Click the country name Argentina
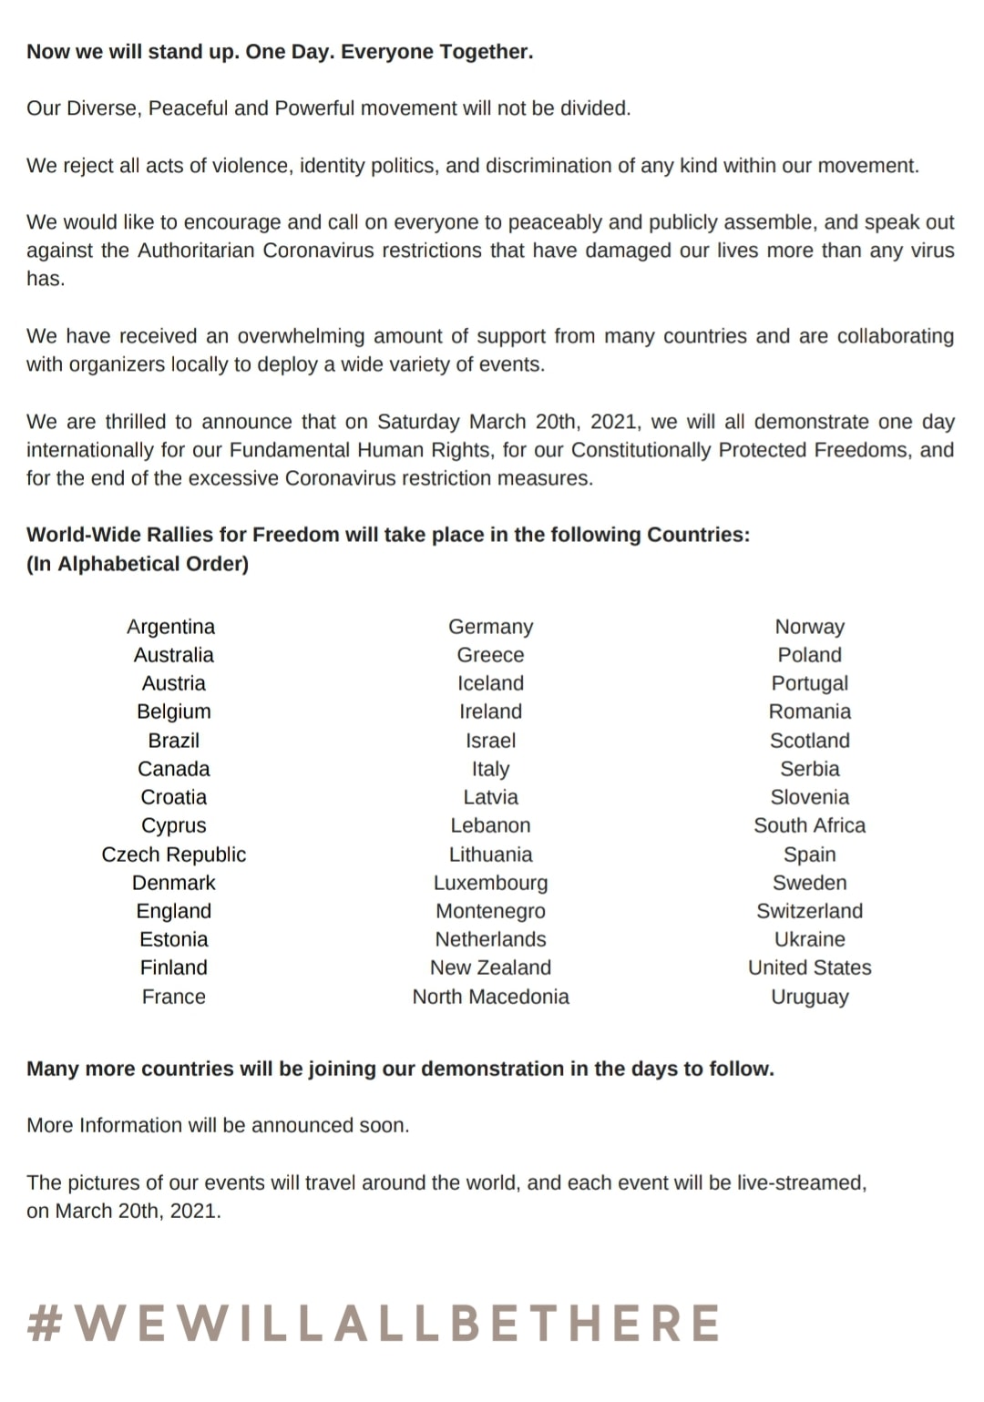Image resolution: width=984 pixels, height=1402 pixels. pyautogui.click(x=171, y=627)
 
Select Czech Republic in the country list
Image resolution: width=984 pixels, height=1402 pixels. pyautogui.click(x=173, y=855)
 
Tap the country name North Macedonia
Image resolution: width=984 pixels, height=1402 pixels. pyautogui.click(x=490, y=997)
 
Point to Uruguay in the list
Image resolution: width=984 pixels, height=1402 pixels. pyautogui.click(x=809, y=997)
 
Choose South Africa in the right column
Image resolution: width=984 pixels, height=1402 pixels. pyautogui.click(x=809, y=825)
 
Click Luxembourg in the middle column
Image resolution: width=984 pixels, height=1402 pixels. pyautogui.click(x=490, y=883)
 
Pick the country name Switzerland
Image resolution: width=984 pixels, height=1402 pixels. pyautogui.click(x=809, y=911)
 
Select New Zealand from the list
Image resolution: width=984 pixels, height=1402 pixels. pyautogui.click(x=490, y=967)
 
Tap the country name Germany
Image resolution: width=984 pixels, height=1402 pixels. pyautogui.click(x=490, y=627)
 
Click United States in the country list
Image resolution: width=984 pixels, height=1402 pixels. pyautogui.click(x=809, y=967)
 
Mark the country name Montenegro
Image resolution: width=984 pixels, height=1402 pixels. pyautogui.click(x=490, y=911)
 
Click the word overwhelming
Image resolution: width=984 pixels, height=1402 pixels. pyautogui.click(x=300, y=336)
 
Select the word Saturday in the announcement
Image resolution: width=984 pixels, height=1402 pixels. pyautogui.click(x=418, y=422)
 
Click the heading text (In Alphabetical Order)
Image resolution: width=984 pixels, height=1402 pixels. pyautogui.click(x=138, y=564)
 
